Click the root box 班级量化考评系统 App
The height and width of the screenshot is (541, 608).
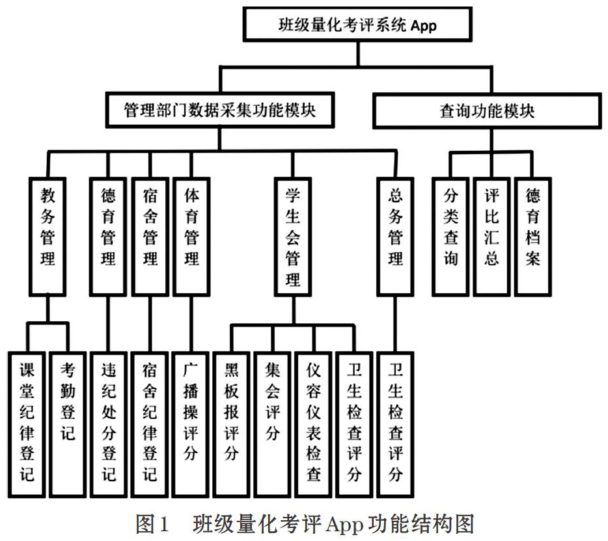(x=357, y=24)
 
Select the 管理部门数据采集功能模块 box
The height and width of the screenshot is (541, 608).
(x=220, y=110)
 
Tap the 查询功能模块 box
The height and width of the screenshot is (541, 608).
(x=487, y=111)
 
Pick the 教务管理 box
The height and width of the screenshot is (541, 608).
(x=48, y=237)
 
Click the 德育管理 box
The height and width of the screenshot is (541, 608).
(x=108, y=237)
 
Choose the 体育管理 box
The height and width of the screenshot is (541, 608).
(x=191, y=237)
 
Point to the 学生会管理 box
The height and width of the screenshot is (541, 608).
(x=293, y=237)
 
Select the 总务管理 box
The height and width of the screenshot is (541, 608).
(x=395, y=237)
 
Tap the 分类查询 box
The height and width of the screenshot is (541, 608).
(x=450, y=237)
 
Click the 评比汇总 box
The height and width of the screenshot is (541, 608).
(x=491, y=237)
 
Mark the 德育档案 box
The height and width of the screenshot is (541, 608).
(x=532, y=237)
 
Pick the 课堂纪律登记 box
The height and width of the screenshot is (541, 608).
(x=27, y=425)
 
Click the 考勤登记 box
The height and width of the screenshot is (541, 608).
(x=68, y=425)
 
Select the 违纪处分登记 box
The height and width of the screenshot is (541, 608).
(x=109, y=425)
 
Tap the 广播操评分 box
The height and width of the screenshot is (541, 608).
(x=191, y=425)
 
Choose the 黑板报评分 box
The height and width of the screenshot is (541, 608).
(x=232, y=425)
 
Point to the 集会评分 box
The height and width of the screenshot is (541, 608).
(x=273, y=425)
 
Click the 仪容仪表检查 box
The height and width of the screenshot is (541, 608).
(x=314, y=425)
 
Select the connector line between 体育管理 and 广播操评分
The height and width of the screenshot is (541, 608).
(x=191, y=324)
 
